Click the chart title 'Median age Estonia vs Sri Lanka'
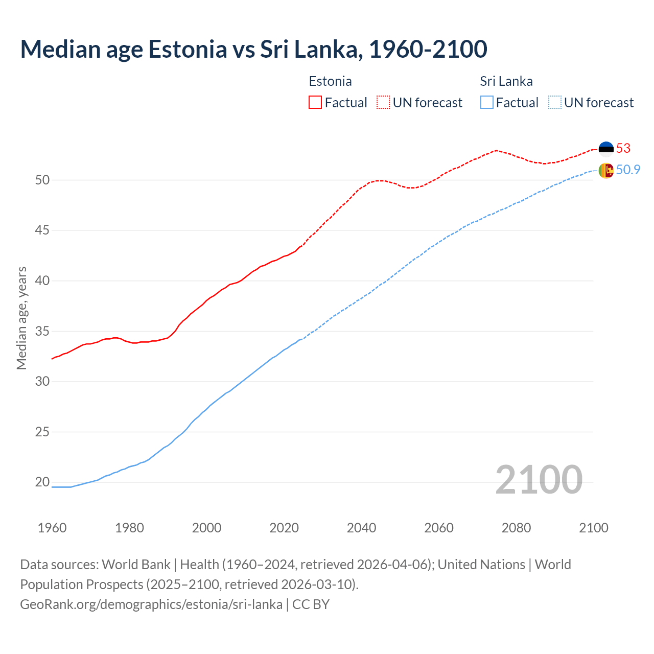pos(253,49)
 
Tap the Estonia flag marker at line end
pos(606,148)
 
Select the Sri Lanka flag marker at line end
pos(606,170)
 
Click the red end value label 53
pos(623,148)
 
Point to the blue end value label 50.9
pos(628,170)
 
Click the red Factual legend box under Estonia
pos(315,103)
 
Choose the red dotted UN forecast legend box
pos(383,103)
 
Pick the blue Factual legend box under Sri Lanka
pos(487,103)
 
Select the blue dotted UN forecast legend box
pos(554,103)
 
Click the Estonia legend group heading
pos(330,81)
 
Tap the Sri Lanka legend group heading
pos(506,81)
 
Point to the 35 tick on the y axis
pos(42,331)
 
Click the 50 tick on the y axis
pos(42,180)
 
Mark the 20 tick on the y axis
pos(42,482)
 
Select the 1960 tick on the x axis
pos(52,528)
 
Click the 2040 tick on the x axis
pos(361,528)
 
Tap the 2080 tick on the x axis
pos(516,528)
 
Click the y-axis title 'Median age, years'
pos(21,318)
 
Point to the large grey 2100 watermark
pos(539,479)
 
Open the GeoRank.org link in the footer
pos(151,604)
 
